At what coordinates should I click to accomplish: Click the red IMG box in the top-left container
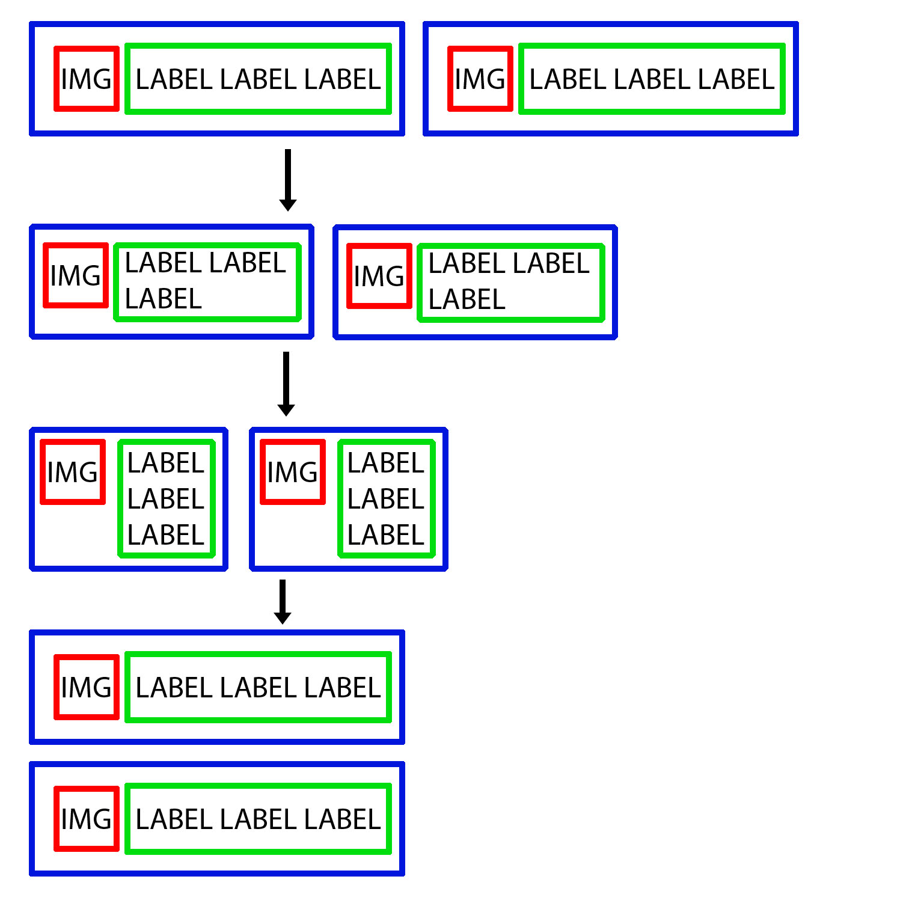coord(87,79)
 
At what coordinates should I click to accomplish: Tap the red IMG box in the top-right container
coord(480,79)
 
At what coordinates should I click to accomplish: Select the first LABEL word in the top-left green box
coord(174,79)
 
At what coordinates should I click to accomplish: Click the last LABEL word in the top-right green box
coord(736,79)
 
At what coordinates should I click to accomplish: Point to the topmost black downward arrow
coord(288,180)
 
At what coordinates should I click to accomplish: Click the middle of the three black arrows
coord(286,383)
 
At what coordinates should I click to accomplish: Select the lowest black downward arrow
coord(283,601)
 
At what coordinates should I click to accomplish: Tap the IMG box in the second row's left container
coord(76,275)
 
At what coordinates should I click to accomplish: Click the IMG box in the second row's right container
coord(379,276)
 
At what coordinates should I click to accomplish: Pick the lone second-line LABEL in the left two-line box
coord(163,299)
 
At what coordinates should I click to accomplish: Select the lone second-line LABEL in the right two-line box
coord(467,299)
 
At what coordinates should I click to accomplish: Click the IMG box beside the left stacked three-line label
coord(73,472)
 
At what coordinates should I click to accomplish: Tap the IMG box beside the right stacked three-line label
coord(293,472)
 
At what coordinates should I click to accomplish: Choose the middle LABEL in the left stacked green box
coord(166,499)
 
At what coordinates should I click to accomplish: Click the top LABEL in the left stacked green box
coord(166,463)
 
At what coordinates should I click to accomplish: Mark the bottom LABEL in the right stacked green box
coord(386,535)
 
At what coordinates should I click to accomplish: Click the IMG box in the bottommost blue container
coord(87,819)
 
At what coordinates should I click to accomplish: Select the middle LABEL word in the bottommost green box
coord(258,819)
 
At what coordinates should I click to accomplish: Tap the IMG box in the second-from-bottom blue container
coord(87,687)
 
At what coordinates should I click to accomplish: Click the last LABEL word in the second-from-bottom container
coord(342,688)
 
